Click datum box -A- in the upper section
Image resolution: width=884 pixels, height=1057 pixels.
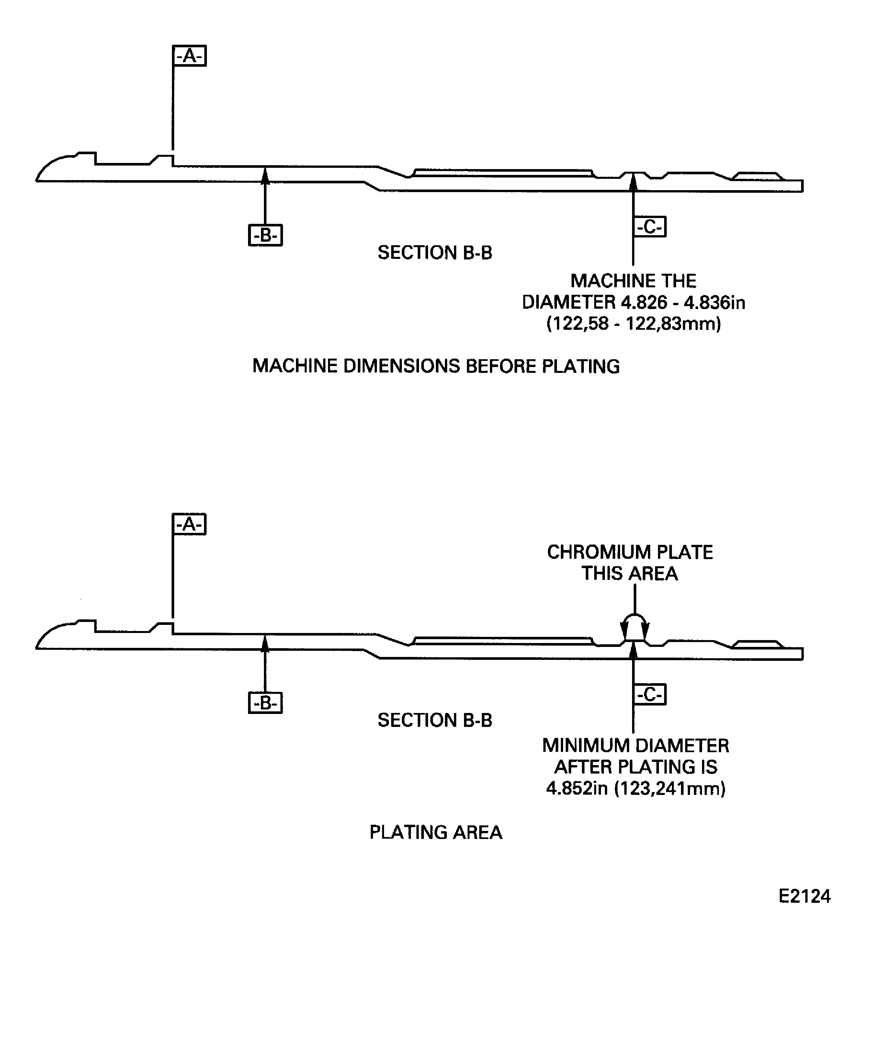point(189,56)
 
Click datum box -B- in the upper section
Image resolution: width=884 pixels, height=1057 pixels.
point(266,235)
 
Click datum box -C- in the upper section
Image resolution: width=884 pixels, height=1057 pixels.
point(650,226)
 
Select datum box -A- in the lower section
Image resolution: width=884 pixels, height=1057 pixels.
point(189,524)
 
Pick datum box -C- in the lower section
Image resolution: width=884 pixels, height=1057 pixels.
point(650,694)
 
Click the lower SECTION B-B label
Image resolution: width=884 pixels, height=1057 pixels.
point(435,720)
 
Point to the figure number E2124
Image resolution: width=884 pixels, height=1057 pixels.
point(805,896)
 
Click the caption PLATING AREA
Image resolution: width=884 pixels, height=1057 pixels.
point(436,833)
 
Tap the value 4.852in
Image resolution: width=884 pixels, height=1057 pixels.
point(577,788)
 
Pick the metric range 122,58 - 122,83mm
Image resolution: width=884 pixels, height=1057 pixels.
point(634,324)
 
